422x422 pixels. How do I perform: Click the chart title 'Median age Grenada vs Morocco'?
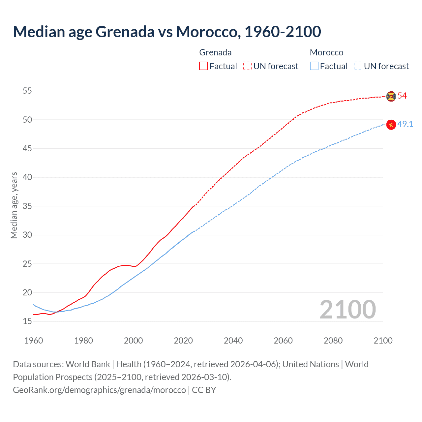167,32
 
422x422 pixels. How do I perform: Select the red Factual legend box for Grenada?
203,66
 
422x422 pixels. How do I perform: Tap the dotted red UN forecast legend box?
247,66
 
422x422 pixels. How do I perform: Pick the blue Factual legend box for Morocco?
314,66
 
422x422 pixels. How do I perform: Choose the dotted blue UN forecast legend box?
358,66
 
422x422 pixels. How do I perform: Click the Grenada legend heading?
215,52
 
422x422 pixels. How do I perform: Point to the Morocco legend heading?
326,52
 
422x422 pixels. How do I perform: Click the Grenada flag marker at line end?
391,96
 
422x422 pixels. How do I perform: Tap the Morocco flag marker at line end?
391,124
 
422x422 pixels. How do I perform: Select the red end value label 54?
402,96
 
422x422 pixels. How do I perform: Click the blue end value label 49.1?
405,124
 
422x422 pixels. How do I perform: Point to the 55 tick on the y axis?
27,91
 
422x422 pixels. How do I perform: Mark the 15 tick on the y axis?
27,321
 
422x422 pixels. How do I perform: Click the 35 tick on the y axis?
27,206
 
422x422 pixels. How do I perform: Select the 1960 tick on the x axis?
34,341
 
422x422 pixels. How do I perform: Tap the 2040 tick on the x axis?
233,341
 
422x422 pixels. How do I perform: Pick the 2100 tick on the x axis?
383,341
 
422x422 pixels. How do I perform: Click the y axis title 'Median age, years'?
14,205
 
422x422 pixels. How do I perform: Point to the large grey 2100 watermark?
347,309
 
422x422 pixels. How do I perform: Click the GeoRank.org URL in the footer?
99,390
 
